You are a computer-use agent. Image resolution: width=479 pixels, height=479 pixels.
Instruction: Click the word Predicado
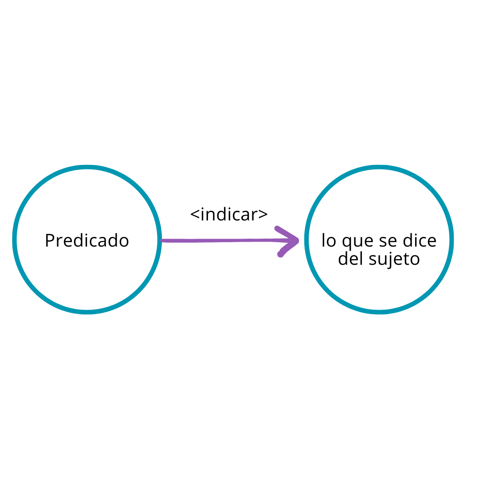coord(87,240)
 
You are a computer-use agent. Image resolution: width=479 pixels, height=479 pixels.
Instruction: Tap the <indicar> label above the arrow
coord(229,214)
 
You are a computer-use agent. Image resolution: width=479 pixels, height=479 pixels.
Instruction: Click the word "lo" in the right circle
coord(329,240)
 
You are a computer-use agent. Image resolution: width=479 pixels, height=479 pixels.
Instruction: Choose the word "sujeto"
coord(394,259)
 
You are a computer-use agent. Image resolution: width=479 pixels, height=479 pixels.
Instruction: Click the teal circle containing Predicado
coord(87,239)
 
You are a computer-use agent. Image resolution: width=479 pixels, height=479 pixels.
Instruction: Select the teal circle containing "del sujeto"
coord(379,239)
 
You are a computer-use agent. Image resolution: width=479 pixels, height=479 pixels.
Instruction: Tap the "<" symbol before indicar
coord(195,214)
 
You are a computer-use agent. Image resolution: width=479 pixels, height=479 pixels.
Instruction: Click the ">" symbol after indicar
coord(263,214)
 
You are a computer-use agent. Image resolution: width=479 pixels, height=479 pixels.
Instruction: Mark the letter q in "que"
coord(347,243)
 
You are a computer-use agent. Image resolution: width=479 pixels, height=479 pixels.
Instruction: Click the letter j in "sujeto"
coord(389,260)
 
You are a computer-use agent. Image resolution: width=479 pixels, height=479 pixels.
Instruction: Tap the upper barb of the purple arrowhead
coord(287,233)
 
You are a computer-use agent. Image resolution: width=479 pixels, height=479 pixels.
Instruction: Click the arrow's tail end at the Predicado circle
coord(161,241)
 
